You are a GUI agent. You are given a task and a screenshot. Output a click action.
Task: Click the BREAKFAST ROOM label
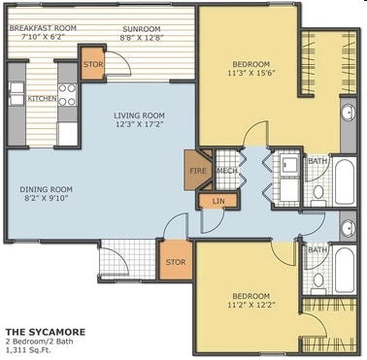(44, 28)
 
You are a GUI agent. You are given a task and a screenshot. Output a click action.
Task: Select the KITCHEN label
(42, 98)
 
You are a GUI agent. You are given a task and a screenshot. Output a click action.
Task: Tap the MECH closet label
(226, 171)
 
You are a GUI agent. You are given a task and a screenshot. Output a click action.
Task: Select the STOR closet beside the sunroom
(93, 65)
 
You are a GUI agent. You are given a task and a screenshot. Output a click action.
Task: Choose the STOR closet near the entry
(175, 261)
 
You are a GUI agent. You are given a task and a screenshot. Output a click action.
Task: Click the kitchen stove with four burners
(67, 94)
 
